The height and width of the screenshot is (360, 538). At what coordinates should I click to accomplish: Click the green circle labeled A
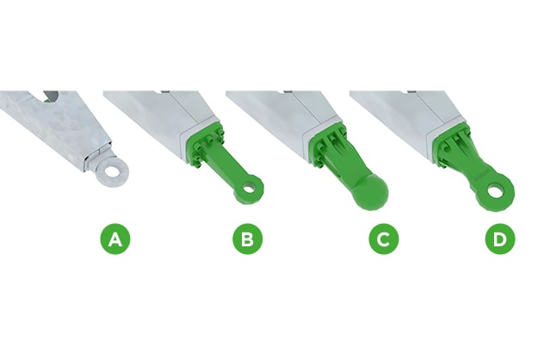point(115,239)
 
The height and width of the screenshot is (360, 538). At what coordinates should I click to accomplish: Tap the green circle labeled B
point(248,239)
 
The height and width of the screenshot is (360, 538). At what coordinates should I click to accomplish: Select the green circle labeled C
point(384,239)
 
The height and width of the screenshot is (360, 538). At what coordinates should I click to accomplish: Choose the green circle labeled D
point(500,239)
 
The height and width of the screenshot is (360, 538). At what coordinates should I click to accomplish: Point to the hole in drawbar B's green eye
point(249,188)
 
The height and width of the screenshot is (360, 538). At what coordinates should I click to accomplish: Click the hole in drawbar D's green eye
point(495,191)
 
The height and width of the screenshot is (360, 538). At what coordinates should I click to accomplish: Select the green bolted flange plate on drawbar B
point(205,146)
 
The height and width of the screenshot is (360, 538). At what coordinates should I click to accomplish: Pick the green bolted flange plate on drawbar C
point(328,145)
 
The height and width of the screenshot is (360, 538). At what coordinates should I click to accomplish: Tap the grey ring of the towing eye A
point(103,173)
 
